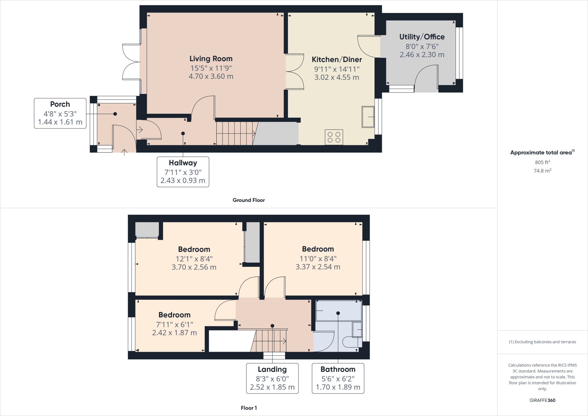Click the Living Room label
click(211, 59)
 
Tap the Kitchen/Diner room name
click(337, 59)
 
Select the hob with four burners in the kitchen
click(334, 137)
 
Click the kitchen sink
click(368, 117)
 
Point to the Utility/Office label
click(422, 37)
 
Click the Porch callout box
click(60, 113)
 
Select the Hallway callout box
click(183, 172)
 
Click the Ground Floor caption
click(249, 200)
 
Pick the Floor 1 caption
click(249, 408)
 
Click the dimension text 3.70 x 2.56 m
click(194, 267)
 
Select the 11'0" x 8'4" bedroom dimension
click(318, 258)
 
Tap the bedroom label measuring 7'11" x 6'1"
click(174, 315)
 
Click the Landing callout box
click(272, 378)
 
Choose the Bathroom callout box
click(338, 378)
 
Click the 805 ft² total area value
click(542, 162)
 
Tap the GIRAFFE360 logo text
click(542, 400)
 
